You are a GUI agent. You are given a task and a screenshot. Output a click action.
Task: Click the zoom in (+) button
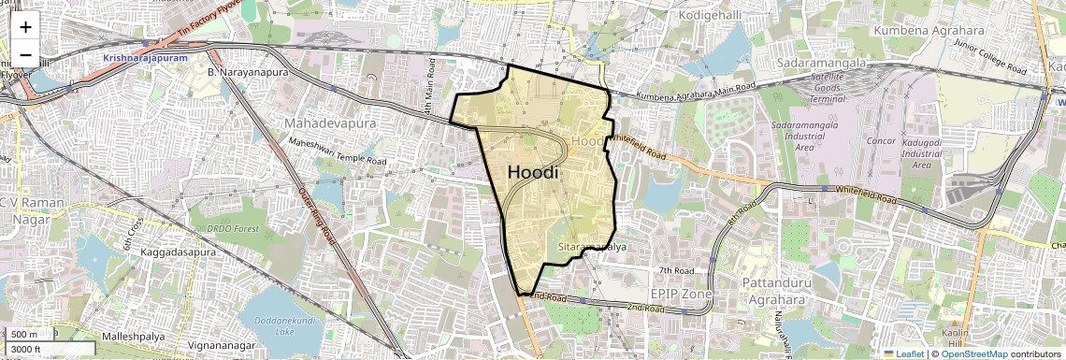tap(25, 27)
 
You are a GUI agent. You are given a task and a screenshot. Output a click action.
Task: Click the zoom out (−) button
tap(25, 55)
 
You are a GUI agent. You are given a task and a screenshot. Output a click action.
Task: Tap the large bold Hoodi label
tap(533, 172)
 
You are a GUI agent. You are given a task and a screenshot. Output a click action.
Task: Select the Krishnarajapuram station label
tap(146, 58)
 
